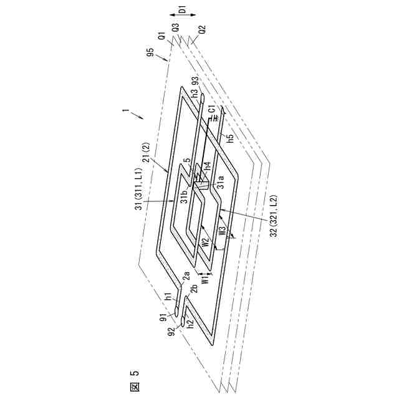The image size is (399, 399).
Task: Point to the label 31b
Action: coord(184,198)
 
